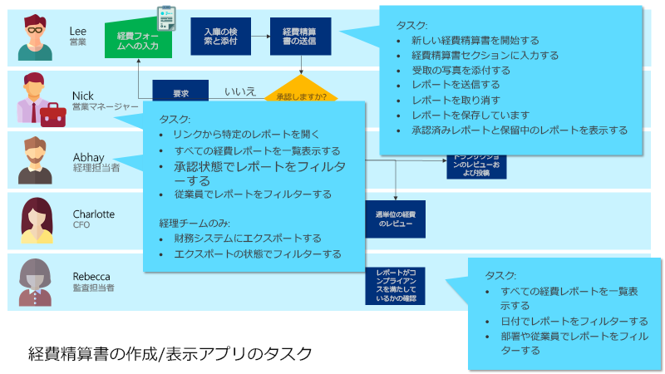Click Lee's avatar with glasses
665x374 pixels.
click(x=34, y=38)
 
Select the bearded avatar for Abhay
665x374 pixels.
click(x=34, y=160)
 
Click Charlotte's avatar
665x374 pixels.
click(x=34, y=220)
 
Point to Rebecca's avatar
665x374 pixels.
click(x=34, y=281)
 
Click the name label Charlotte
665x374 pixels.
click(x=93, y=214)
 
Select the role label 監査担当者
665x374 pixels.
click(x=93, y=288)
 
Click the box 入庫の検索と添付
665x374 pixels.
click(x=220, y=36)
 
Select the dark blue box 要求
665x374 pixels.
click(x=180, y=92)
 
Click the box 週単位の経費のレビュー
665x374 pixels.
click(x=395, y=219)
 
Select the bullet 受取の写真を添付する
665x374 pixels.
click(x=456, y=70)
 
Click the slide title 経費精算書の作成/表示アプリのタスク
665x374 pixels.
click(x=170, y=353)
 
